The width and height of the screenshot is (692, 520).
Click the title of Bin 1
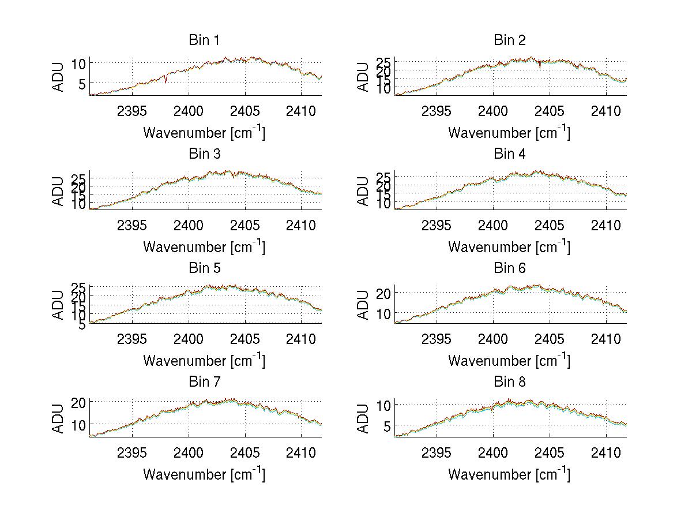click(x=204, y=40)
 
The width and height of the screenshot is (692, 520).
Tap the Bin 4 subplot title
click(x=509, y=154)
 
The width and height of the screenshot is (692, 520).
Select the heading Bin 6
click(x=509, y=268)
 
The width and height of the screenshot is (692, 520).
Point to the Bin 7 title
click(x=204, y=381)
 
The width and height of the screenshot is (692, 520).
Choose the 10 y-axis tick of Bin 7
click(x=80, y=424)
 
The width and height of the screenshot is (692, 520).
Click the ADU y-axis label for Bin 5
click(x=59, y=305)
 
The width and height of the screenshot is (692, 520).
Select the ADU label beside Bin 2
click(x=363, y=77)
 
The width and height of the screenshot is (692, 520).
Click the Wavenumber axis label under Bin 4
click(x=509, y=247)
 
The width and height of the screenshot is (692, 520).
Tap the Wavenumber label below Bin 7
click(x=204, y=474)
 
